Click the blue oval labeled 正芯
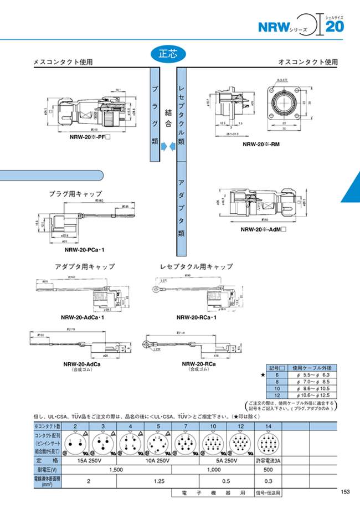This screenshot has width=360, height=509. [x=167, y=54]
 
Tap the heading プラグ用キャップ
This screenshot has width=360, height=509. [x=75, y=194]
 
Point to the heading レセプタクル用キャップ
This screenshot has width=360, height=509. [x=196, y=266]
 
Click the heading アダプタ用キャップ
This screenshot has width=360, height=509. [x=84, y=266]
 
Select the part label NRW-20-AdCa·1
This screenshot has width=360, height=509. [x=83, y=318]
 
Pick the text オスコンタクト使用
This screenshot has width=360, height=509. [x=307, y=63]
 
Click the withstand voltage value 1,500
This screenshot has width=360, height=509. [x=116, y=469]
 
